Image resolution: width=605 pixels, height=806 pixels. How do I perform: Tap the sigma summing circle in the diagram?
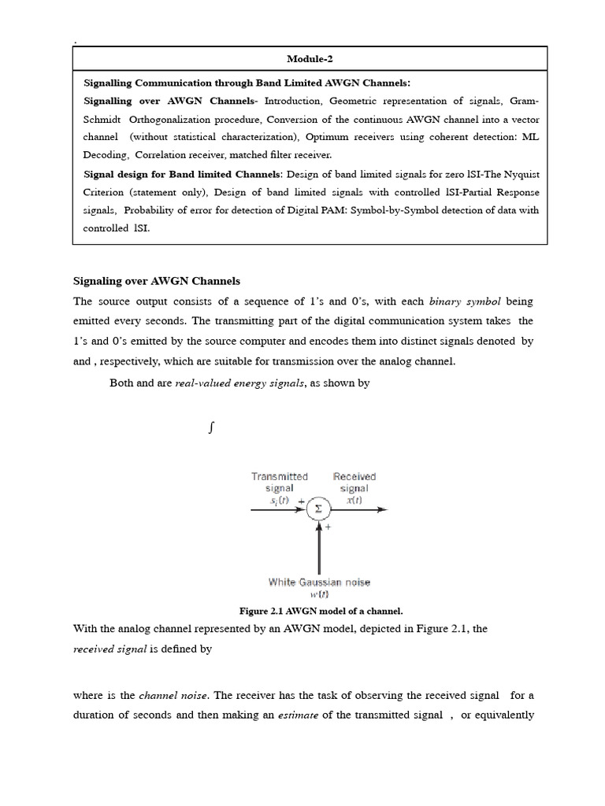point(318,509)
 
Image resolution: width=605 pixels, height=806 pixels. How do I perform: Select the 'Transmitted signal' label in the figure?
point(280,482)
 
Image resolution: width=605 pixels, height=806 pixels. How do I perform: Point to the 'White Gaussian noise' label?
point(319,582)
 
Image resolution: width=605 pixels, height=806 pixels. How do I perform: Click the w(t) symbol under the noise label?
point(319,596)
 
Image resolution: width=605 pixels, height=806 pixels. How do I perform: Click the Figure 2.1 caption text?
point(321,611)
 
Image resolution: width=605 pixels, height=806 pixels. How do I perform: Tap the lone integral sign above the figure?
point(211,428)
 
